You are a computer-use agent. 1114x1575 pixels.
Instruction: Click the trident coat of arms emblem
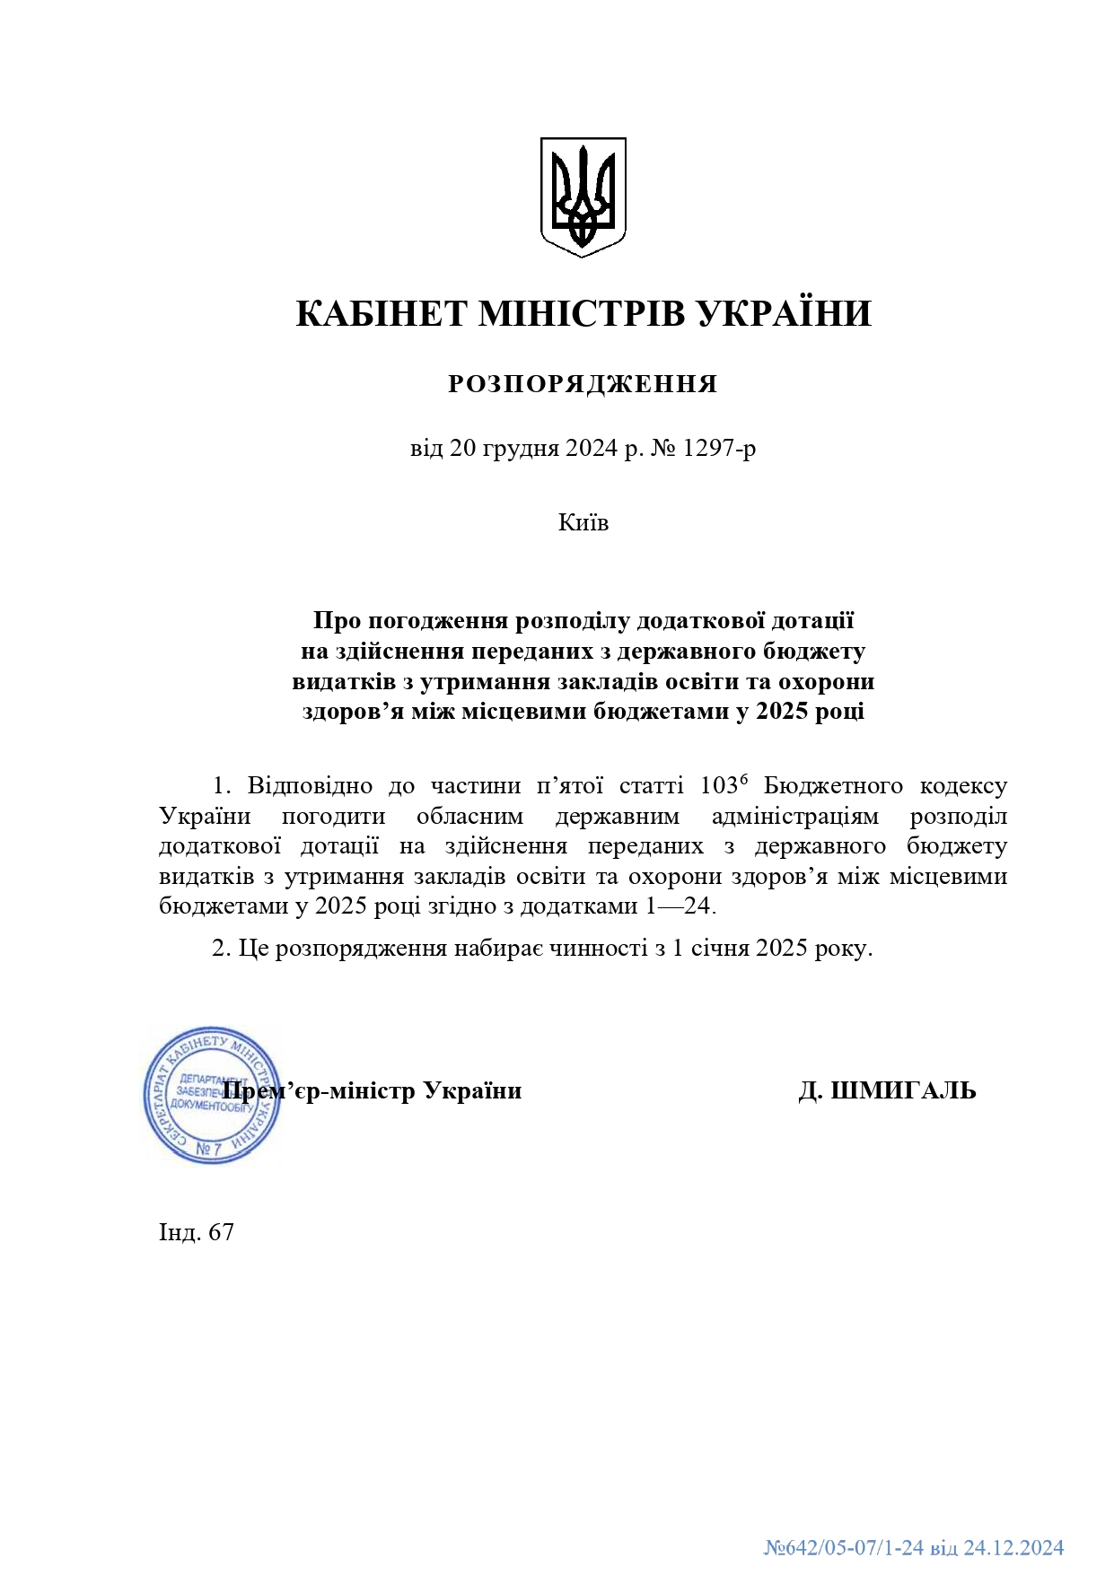(583, 197)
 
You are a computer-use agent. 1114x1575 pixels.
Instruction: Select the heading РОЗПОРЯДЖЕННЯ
(583, 384)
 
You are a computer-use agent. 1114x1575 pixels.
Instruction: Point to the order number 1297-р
(719, 448)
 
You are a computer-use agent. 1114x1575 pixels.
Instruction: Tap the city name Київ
(583, 522)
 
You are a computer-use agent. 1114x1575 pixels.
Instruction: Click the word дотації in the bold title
(812, 620)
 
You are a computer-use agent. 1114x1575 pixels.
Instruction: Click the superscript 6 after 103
(743, 779)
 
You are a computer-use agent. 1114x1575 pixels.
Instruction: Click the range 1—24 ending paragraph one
(678, 906)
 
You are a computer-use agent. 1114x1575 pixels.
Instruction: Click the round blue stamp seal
(212, 1096)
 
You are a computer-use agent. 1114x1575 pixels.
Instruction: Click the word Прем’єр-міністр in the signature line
(319, 1091)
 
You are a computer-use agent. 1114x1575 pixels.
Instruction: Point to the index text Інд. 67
(197, 1232)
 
